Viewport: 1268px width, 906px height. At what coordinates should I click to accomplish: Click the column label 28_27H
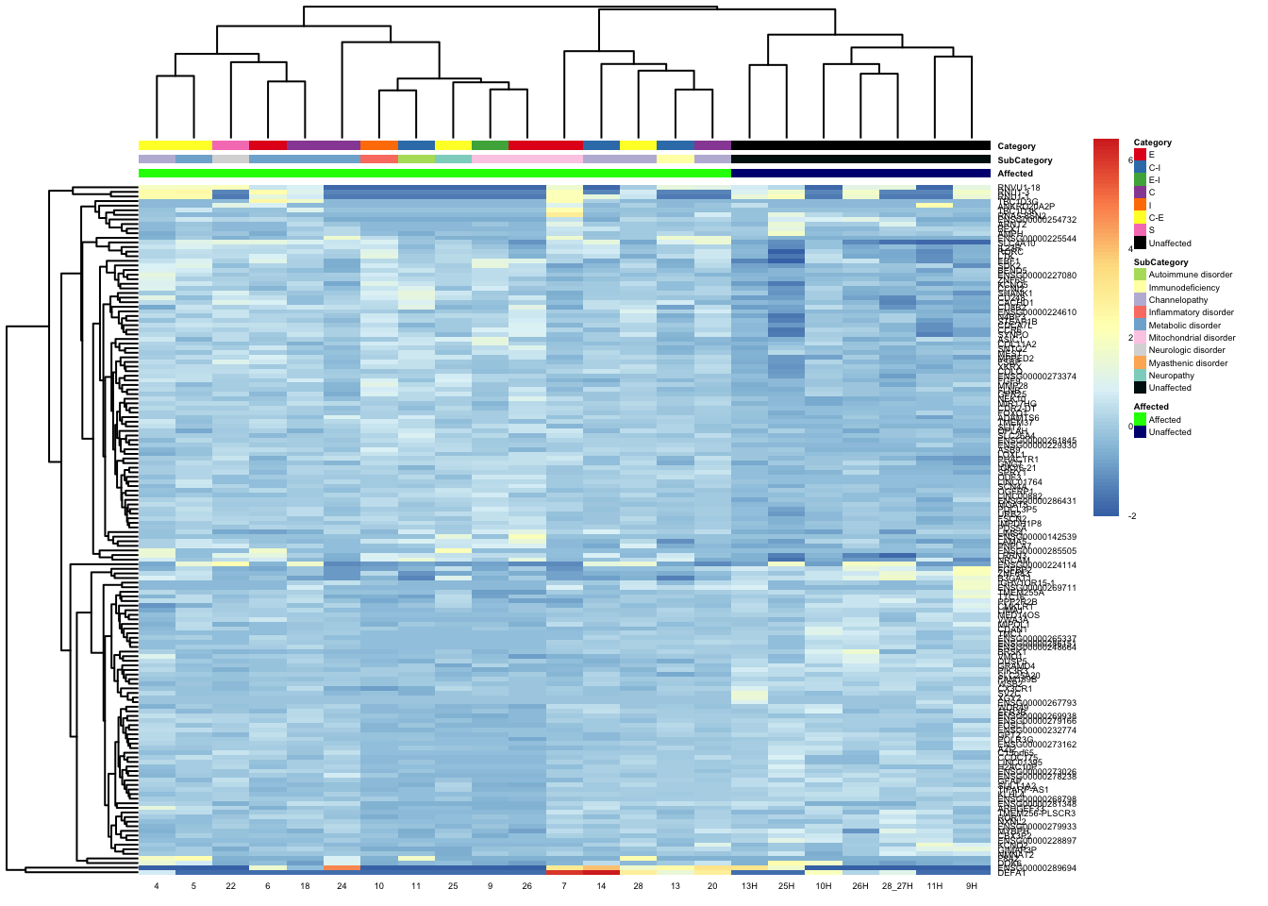tap(897, 886)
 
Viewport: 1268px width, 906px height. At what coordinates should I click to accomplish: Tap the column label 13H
tap(749, 886)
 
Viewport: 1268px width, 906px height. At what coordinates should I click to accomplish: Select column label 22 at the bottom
tap(230, 886)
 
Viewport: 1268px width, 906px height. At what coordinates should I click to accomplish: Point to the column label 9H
tap(972, 886)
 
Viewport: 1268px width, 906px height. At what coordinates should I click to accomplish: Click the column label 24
tap(342, 886)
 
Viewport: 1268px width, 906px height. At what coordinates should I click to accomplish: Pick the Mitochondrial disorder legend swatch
tap(1140, 338)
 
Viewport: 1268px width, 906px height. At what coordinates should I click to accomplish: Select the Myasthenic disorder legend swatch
tap(1140, 363)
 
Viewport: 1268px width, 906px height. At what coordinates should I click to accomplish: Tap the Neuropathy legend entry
tap(1171, 376)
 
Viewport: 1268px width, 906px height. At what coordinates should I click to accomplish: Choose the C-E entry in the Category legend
tap(1156, 218)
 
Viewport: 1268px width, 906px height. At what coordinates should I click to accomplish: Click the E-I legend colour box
tap(1140, 180)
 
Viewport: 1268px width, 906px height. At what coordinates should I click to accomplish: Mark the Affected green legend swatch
tap(1140, 420)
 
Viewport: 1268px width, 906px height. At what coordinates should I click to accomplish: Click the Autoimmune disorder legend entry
tap(1190, 275)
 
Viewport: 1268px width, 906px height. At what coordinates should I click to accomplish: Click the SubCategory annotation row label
tap(1025, 160)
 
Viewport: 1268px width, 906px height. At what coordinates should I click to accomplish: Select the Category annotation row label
tap(1016, 146)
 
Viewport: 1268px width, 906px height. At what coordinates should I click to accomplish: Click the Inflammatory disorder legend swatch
tap(1140, 312)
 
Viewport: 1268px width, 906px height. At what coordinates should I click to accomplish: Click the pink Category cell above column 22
tap(230, 145)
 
